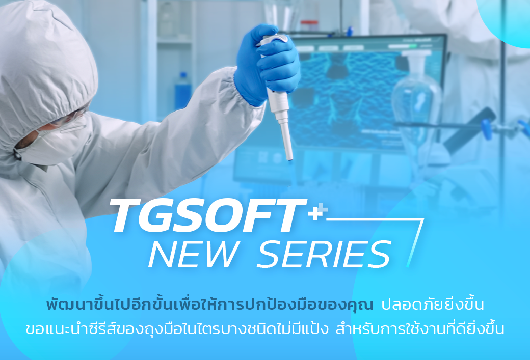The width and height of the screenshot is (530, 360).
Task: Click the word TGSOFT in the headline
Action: click(x=207, y=215)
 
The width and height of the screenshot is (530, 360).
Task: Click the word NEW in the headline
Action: click(x=193, y=254)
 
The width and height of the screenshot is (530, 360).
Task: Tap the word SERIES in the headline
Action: click(x=324, y=254)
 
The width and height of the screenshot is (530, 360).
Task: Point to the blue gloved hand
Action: click(x=268, y=64)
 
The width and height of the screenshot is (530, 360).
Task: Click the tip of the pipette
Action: click(x=290, y=159)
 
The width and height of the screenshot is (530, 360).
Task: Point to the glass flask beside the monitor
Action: click(x=417, y=98)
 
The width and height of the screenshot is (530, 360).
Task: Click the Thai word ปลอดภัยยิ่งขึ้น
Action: click(x=433, y=304)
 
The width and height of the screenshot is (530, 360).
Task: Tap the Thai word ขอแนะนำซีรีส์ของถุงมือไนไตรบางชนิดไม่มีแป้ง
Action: click(x=177, y=328)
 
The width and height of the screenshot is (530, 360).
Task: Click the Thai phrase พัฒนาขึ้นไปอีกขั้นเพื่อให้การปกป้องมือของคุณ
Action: click(x=209, y=304)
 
